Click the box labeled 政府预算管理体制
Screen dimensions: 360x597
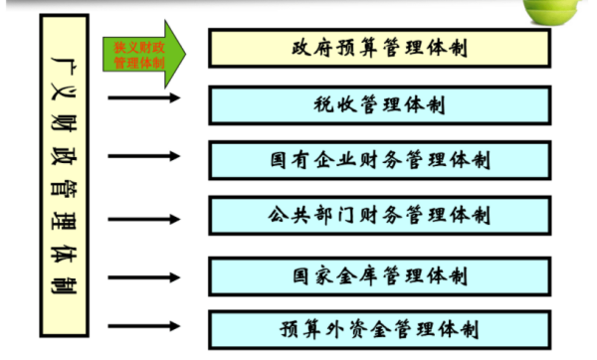[x=379, y=47]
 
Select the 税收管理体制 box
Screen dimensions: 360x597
[x=379, y=103]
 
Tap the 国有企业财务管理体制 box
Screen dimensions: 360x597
[x=379, y=158]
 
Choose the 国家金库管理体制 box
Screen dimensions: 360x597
[x=379, y=273]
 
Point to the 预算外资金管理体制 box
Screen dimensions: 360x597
[x=379, y=328]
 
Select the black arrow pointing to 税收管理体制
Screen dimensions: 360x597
[x=144, y=98]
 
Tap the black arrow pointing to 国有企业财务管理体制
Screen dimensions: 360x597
[x=144, y=157]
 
